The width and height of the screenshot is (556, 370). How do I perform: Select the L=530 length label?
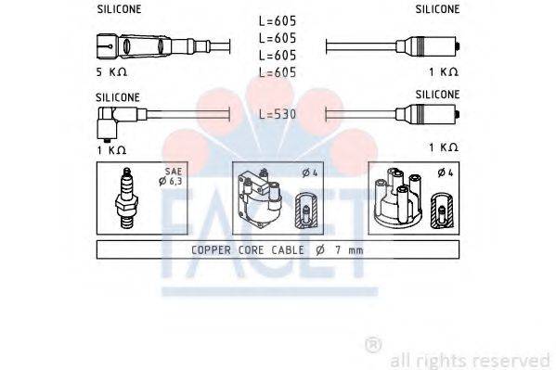(278, 113)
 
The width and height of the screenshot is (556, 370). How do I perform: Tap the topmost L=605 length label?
(278, 20)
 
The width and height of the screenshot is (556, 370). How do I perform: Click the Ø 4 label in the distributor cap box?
(445, 172)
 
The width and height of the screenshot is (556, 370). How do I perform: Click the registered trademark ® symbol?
(373, 345)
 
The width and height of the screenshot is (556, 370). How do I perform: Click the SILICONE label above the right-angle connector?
(118, 96)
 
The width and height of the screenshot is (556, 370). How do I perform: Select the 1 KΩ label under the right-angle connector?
(111, 148)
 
